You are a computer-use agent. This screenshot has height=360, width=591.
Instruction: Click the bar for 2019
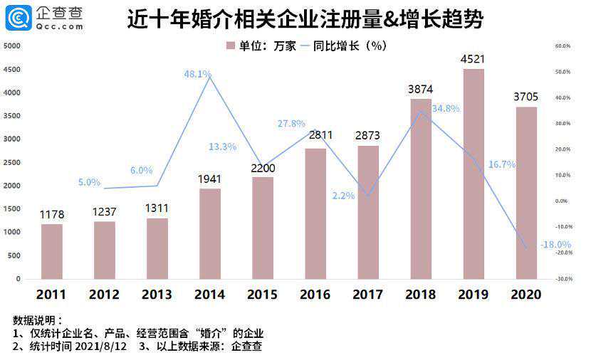pyautogui.click(x=474, y=174)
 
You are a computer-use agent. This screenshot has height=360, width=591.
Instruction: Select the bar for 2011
pyautogui.click(x=52, y=251)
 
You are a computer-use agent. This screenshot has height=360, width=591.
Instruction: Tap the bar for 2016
pyautogui.click(x=315, y=213)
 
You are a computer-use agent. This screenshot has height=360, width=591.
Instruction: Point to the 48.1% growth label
pyautogui.click(x=197, y=74)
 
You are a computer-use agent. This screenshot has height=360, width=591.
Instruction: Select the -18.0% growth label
pyautogui.click(x=555, y=245)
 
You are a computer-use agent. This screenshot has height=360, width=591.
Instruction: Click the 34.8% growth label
pyautogui.click(x=446, y=109)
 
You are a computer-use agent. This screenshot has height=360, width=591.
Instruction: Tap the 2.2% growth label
pyautogui.click(x=343, y=196)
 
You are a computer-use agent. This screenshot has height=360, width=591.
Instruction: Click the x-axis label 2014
pyautogui.click(x=210, y=294)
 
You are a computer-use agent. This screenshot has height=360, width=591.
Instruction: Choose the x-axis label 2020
pyautogui.click(x=526, y=294)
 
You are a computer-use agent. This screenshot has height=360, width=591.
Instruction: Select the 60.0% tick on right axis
pyautogui.click(x=563, y=46)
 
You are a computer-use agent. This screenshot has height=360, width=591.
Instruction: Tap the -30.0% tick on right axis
pyautogui.click(x=563, y=279)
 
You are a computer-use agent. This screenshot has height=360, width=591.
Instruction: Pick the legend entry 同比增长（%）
pyautogui.click(x=347, y=46)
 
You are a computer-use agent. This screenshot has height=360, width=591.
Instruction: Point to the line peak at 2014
pyautogui.click(x=210, y=76)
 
